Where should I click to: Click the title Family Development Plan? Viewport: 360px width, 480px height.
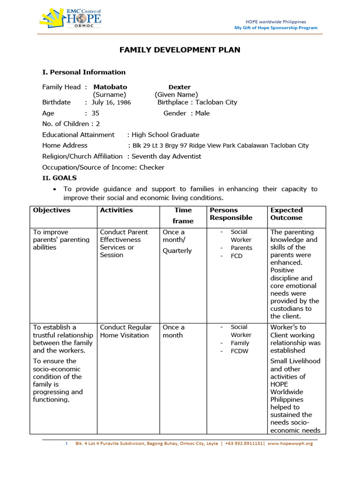click(x=180, y=50)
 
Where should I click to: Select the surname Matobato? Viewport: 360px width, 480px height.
click(x=110, y=87)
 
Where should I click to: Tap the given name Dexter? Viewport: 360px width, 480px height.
click(x=180, y=87)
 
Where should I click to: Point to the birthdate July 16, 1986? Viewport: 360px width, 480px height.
click(x=111, y=103)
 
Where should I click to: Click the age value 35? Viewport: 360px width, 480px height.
click(x=95, y=113)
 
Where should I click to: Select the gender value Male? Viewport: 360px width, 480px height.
click(x=202, y=113)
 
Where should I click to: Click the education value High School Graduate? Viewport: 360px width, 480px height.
click(x=165, y=135)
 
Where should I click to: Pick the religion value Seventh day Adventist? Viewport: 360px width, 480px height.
click(x=166, y=157)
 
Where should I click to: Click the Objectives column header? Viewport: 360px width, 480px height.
click(x=52, y=210)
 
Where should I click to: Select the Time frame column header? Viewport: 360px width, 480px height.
click(x=183, y=216)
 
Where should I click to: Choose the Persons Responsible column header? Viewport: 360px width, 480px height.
click(x=231, y=214)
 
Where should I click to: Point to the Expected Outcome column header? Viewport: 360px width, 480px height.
click(x=286, y=214)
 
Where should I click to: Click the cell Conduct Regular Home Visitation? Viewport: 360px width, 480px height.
click(x=126, y=331)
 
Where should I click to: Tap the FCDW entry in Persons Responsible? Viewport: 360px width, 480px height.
click(x=240, y=351)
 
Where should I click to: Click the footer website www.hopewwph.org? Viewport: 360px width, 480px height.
click(x=290, y=443)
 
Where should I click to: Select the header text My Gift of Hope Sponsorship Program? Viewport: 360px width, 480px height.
click(x=276, y=28)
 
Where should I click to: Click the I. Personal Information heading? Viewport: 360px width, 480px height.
click(x=84, y=72)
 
